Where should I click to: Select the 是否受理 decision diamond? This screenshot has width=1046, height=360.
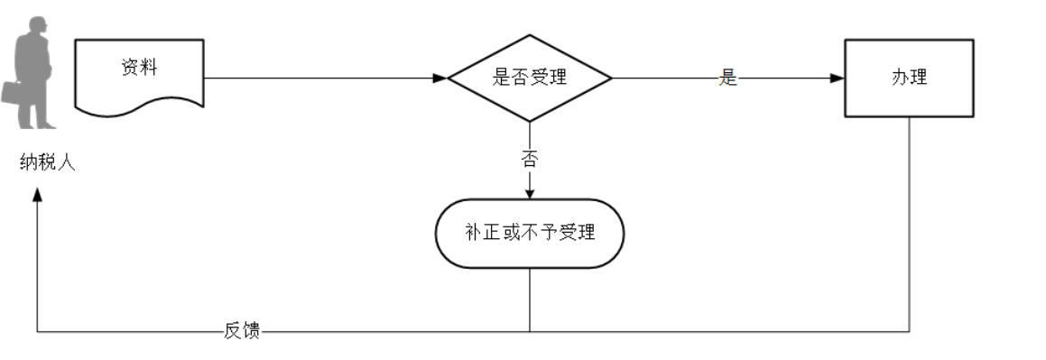click(x=530, y=78)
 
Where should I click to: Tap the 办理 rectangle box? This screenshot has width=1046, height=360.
click(x=909, y=78)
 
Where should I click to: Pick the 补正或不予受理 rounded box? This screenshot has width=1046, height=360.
click(x=530, y=233)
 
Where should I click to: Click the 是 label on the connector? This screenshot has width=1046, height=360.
click(x=728, y=78)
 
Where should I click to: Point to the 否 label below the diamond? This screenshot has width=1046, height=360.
click(x=530, y=160)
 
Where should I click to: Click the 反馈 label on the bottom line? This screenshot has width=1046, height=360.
click(x=242, y=330)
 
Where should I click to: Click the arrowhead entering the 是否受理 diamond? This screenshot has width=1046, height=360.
click(x=440, y=78)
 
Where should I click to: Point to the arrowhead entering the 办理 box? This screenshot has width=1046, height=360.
click(x=838, y=78)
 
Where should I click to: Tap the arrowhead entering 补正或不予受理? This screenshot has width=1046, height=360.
click(x=530, y=192)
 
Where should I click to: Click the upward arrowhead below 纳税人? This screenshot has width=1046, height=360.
click(x=37, y=196)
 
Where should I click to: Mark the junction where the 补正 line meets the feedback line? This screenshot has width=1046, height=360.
click(x=530, y=331)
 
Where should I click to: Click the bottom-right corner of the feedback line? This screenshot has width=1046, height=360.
click(x=909, y=331)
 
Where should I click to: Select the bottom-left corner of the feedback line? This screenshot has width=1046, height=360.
click(x=37, y=331)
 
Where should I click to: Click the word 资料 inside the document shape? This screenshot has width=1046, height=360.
click(x=139, y=69)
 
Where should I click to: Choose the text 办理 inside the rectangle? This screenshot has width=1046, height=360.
click(x=909, y=78)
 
